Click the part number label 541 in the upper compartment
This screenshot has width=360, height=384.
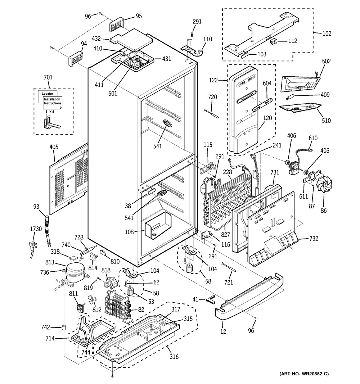click(x=157, y=146)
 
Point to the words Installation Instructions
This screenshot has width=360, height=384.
click(x=53, y=101)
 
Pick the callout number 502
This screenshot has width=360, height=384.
click(x=326, y=62)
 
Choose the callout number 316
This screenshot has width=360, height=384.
click(x=174, y=357)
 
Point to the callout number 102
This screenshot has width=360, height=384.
click(x=327, y=33)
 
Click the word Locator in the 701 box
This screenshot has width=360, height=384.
click(x=48, y=94)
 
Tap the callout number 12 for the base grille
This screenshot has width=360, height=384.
click(x=223, y=331)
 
